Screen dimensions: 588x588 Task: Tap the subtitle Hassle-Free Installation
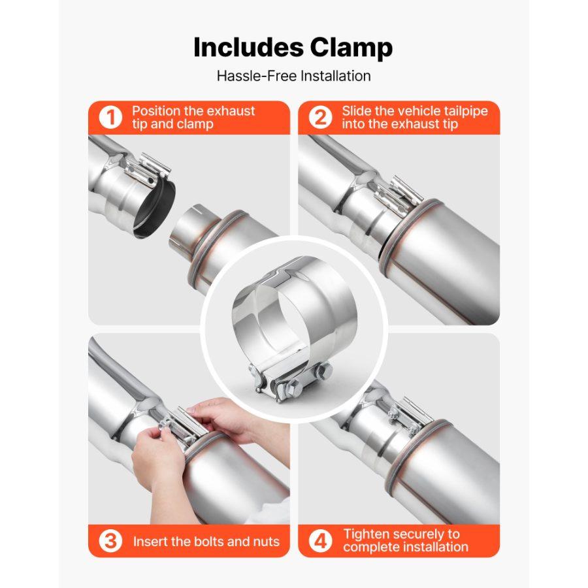click(293, 76)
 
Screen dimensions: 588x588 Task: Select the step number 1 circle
click(110, 118)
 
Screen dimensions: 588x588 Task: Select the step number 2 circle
click(320, 118)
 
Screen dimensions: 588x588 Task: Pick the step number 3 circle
click(110, 541)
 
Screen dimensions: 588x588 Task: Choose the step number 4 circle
click(320, 541)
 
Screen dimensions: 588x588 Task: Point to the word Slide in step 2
click(357, 111)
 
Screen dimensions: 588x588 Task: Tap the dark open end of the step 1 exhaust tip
click(154, 210)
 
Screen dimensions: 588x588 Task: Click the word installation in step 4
click(434, 547)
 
